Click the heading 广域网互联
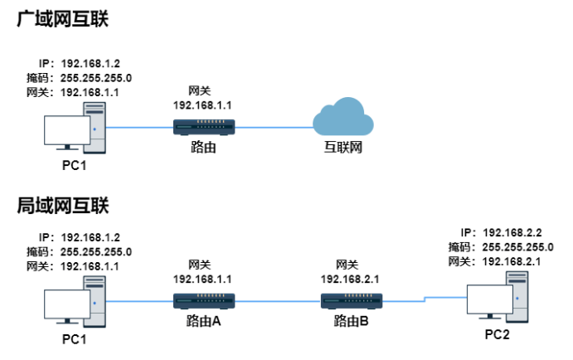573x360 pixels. (63, 19)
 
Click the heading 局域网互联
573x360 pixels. (63, 205)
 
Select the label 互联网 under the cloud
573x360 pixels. (343, 149)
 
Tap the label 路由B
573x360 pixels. (351, 321)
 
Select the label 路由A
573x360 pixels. (204, 321)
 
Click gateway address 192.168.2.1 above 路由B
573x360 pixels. (350, 279)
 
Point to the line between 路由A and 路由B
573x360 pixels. (278, 299)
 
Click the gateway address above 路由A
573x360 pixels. (204, 279)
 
